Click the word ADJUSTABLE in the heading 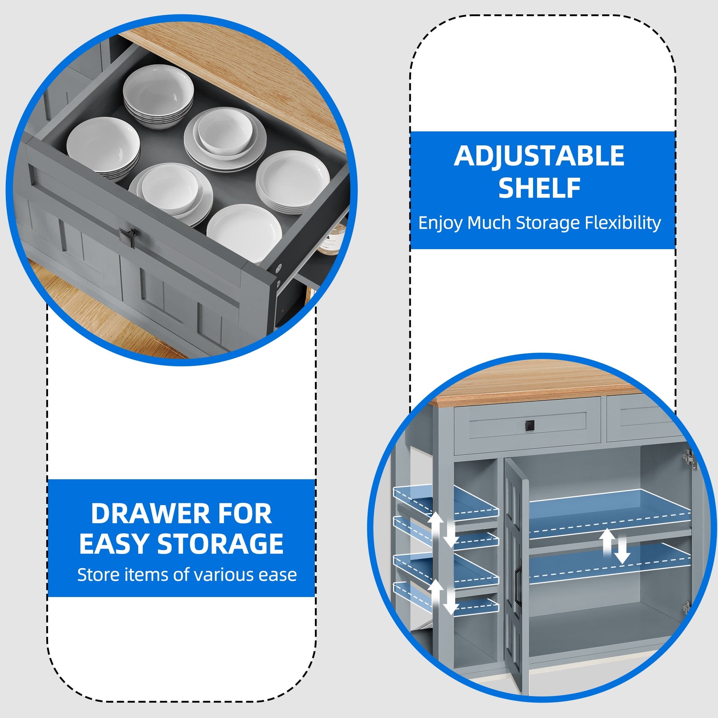539,156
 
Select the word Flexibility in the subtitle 623,223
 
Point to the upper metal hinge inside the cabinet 689,460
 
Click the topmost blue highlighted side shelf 446,500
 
